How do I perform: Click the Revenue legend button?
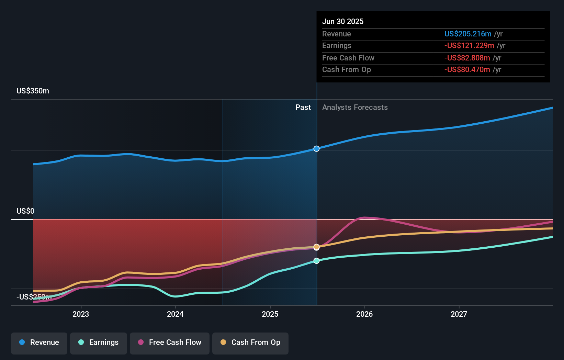coord(39,342)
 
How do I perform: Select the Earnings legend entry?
coord(99,342)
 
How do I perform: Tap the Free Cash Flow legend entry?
coord(170,342)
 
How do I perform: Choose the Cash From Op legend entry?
coord(250,342)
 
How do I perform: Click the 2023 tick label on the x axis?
coord(81,314)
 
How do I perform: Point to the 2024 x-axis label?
coord(175,314)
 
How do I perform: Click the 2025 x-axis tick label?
coord(270,314)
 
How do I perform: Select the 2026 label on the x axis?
coord(364,314)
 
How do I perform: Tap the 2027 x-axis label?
coord(459,314)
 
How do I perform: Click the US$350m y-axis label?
coord(33,91)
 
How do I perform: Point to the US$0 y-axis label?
coord(25,211)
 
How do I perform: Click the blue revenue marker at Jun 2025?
coord(317,149)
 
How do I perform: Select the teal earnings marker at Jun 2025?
coord(317,261)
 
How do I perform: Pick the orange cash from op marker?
coord(317,247)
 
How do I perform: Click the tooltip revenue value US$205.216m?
coord(468,34)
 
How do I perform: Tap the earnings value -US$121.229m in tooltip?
coord(469,46)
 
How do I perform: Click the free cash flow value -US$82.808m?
coord(467,58)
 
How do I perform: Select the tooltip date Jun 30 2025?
coord(343,21)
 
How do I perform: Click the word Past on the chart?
coord(303,108)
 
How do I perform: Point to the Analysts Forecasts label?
coord(355,108)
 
